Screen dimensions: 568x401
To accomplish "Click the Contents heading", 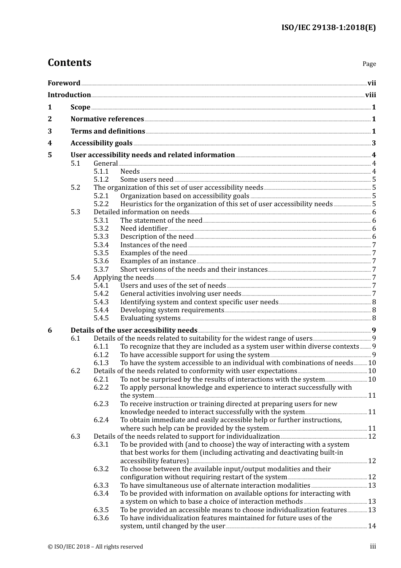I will click(x=69, y=63).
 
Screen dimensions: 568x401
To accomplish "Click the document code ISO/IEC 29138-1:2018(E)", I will click(x=328, y=28).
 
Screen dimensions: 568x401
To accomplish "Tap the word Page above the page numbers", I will click(x=369, y=64).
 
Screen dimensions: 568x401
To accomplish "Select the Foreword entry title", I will click(x=64, y=83).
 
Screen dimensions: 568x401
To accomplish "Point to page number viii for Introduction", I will click(x=371, y=95).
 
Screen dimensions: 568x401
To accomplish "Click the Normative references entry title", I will click(x=107, y=119).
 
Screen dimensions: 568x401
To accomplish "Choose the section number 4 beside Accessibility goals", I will click(x=50, y=143).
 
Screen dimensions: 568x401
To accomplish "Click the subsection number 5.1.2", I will click(x=101, y=180).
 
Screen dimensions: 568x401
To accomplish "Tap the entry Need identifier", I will click(x=144, y=229).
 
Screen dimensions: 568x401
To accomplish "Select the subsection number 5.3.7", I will click(x=101, y=270).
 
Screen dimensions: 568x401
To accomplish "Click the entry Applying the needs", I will click(x=124, y=278).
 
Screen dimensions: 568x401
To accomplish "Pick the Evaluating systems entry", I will click(x=150, y=318).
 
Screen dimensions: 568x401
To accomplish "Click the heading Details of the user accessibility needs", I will click(x=134, y=330).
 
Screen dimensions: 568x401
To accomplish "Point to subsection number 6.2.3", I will click(x=101, y=404).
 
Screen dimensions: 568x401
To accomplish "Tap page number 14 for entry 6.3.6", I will click(x=372, y=526).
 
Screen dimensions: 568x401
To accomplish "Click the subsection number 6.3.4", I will click(x=101, y=494).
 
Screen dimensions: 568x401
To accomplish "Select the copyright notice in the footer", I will click(x=95, y=547).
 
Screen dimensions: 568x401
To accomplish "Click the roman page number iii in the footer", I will click(x=373, y=547).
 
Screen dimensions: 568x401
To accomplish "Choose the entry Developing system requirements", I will click(x=172, y=310).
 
